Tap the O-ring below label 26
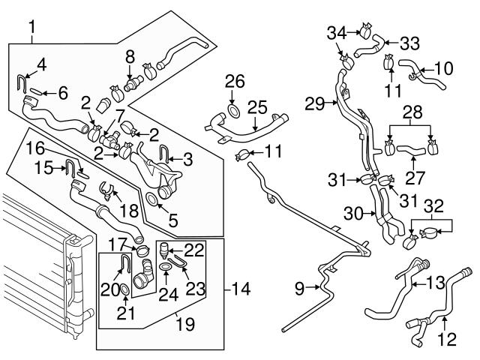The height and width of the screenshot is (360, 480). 233,112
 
